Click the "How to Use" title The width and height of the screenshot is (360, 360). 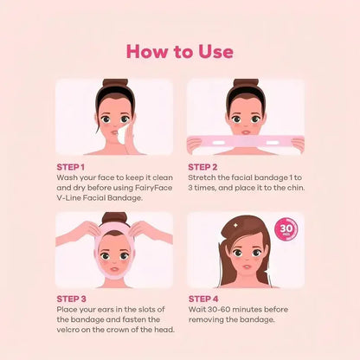click(x=180, y=51)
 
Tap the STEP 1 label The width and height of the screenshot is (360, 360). click(x=70, y=165)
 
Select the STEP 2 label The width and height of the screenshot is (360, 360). click(x=202, y=165)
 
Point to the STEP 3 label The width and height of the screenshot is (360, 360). click(x=71, y=299)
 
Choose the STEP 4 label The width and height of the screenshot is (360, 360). click(x=202, y=299)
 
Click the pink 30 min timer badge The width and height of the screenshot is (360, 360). click(x=285, y=230)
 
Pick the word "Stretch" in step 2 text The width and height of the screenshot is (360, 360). click(x=202, y=177)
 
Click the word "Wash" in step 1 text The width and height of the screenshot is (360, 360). click(x=66, y=176)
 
